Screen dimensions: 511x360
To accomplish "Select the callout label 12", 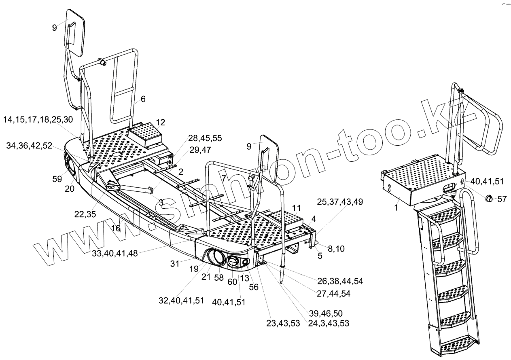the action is click(x=160, y=122).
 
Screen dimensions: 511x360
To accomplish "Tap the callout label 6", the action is click(x=143, y=99).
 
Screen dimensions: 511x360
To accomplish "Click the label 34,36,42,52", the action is click(x=29, y=146).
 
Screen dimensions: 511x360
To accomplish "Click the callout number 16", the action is click(x=116, y=229).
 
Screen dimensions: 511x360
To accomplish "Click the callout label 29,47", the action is click(x=200, y=150).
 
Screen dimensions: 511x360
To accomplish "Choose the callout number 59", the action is click(x=58, y=179).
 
